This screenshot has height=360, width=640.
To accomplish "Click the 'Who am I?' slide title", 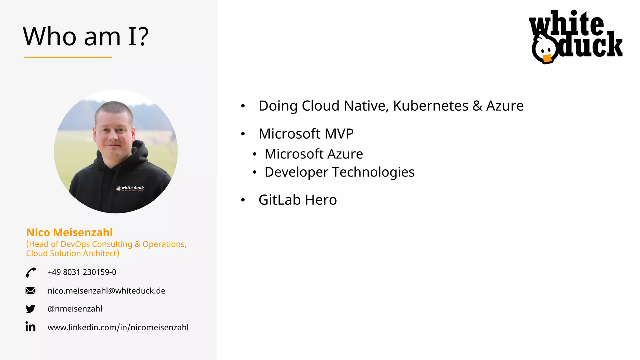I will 86,37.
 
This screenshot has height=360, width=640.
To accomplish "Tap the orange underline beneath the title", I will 68,57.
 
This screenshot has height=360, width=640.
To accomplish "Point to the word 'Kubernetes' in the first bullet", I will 431,106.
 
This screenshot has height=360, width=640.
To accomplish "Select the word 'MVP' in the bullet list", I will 339,134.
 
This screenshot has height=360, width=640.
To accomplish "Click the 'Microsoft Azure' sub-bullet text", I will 314,154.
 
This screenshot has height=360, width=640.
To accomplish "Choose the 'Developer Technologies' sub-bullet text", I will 339,172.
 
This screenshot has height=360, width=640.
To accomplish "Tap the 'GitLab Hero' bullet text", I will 297,200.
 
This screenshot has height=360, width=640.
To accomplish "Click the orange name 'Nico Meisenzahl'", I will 69,232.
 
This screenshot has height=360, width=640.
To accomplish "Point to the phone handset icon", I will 31,272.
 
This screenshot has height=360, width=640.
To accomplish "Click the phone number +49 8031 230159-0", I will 82,272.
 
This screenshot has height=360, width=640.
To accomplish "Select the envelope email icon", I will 30,291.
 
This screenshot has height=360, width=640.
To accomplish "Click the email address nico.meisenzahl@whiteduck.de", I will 106,291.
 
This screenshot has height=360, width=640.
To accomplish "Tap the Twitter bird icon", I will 30,309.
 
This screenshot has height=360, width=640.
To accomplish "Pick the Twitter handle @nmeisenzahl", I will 75,309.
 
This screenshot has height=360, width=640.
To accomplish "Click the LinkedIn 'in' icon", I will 30,327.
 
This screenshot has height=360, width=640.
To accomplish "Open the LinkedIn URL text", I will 118,327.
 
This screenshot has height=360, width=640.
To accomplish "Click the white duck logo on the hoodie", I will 130,188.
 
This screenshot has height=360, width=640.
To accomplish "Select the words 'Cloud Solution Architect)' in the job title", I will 72,253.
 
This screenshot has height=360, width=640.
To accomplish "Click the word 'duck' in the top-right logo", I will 591,46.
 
